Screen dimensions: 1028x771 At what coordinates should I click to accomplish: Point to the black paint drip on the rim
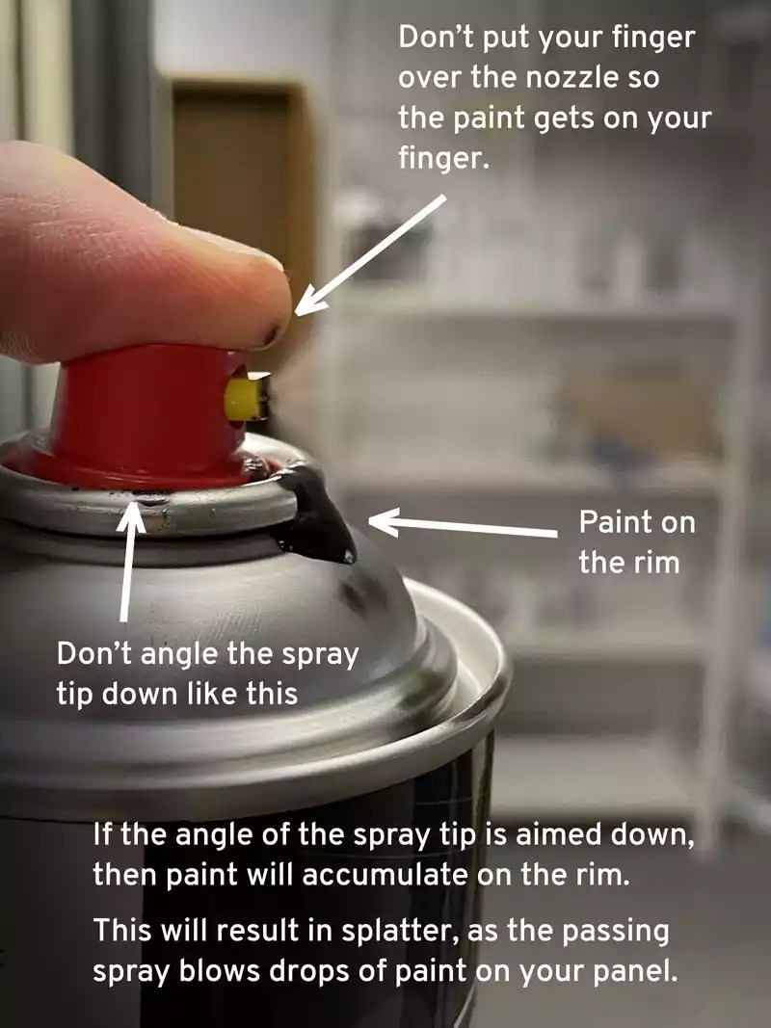pyautogui.click(x=323, y=515)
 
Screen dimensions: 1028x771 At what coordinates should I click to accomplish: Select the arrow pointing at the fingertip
pyautogui.click(x=371, y=252)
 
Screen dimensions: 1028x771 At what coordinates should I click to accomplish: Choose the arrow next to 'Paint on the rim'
pyautogui.click(x=463, y=528)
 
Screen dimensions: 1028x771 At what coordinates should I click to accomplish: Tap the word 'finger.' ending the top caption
pyautogui.click(x=443, y=158)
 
